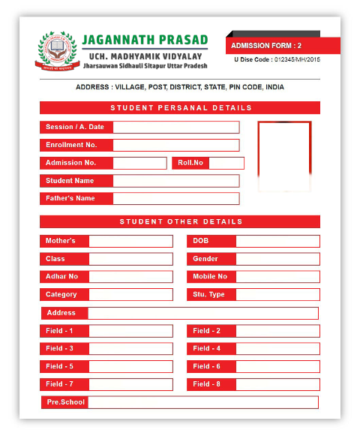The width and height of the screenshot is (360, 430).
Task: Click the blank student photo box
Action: [283, 154]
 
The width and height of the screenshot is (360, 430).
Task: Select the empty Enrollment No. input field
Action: [175, 145]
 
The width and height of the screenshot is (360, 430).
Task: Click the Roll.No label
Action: [191, 163]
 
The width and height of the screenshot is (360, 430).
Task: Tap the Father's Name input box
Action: [175, 199]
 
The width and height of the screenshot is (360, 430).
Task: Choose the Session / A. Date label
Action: [75, 128]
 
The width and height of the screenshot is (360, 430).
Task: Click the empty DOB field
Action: [277, 241]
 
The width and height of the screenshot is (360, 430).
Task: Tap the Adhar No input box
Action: [130, 277]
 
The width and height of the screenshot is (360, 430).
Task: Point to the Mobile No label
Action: [211, 277]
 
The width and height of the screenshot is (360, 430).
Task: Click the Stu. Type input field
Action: [277, 295]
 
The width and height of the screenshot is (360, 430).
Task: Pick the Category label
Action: [63, 295]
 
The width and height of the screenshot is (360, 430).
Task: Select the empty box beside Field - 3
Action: [130, 349]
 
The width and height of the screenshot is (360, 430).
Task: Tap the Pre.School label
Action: [65, 402]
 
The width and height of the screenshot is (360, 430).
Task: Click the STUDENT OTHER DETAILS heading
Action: [180, 221]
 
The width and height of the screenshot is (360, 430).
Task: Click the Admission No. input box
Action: [139, 163]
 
